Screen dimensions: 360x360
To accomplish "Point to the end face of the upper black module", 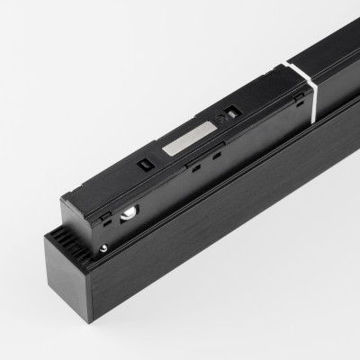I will pos(85,202).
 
